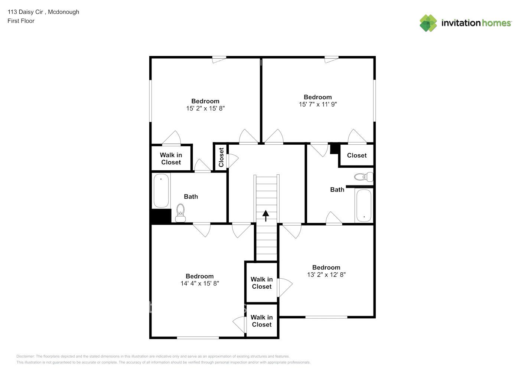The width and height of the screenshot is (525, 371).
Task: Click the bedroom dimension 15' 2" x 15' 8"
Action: [205, 108]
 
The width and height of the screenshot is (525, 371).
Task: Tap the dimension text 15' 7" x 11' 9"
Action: [318, 104]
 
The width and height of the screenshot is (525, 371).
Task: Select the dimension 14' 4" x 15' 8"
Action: [200, 283]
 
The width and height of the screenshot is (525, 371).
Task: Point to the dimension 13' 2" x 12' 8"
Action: [326, 275]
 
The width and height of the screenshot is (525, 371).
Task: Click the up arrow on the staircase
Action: [266, 215]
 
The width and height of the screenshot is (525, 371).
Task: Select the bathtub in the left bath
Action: [161, 190]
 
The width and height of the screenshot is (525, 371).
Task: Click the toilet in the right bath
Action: [363, 177]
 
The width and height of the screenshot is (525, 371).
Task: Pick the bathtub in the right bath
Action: [363, 206]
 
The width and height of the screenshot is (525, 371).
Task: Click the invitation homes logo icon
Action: [428, 23]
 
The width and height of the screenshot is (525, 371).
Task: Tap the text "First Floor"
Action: [21, 21]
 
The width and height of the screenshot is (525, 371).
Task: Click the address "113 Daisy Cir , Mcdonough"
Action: [43, 12]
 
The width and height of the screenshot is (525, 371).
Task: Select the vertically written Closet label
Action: [221, 157]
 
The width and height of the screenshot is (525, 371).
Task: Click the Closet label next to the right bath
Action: [357, 155]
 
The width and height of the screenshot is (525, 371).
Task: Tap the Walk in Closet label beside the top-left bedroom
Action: [171, 159]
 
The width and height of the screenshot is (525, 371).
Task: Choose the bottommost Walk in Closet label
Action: [262, 321]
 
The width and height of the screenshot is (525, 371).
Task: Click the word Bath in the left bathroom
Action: [191, 197]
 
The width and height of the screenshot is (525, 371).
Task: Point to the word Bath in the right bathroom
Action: [337, 190]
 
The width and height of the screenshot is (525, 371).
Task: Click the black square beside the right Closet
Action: [335, 148]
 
